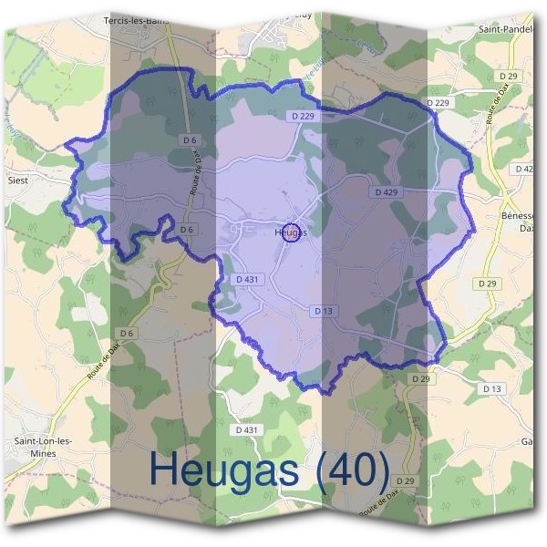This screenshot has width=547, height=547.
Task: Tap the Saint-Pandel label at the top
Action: (x=507, y=29)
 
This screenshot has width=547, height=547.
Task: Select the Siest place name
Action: (x=18, y=180)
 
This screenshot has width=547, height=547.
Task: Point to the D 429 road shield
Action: (x=387, y=192)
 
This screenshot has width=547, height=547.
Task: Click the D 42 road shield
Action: (x=523, y=170)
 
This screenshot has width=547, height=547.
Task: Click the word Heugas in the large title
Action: (x=222, y=470)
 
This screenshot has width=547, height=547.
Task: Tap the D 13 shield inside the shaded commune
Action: (x=324, y=311)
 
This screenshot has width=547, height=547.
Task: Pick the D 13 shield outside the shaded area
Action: (x=491, y=388)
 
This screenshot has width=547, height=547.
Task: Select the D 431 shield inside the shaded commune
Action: (x=248, y=279)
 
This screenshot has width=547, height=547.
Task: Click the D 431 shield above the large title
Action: (x=247, y=429)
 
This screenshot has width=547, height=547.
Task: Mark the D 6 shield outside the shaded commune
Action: (x=127, y=334)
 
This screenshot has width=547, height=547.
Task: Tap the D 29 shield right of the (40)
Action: (x=406, y=480)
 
